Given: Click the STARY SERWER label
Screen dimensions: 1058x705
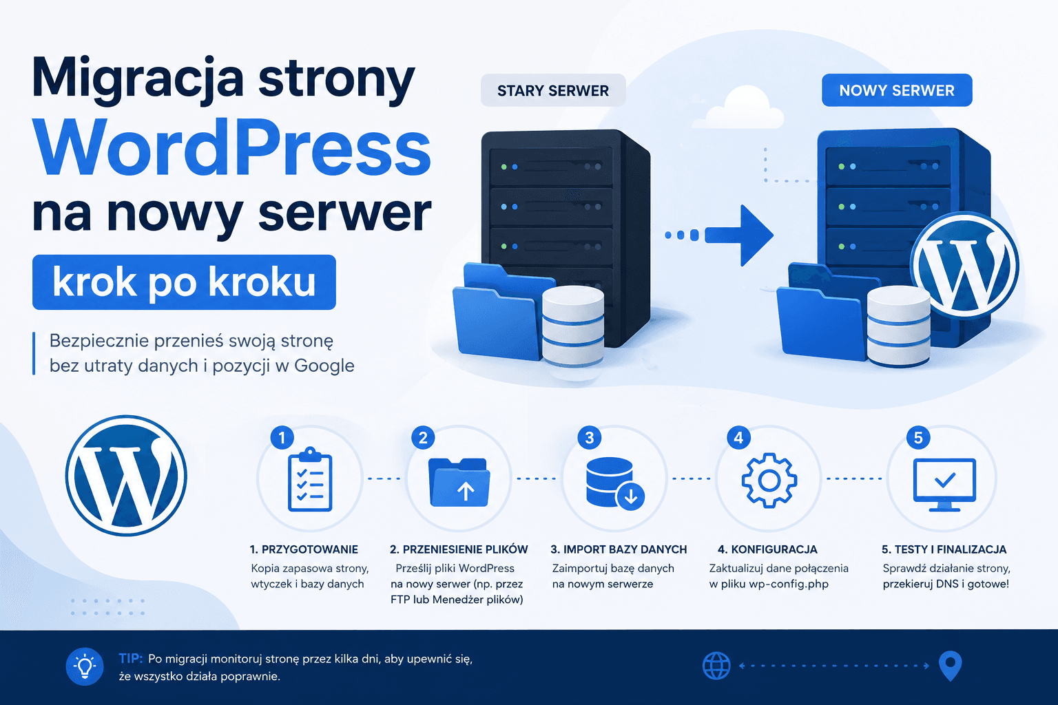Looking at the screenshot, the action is pos(553,90).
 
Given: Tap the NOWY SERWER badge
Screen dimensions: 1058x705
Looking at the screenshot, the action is pos(897,90).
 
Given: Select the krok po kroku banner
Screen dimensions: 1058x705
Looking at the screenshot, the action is pos(184,282).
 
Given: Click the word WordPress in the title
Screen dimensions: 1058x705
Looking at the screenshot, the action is pos(232,147).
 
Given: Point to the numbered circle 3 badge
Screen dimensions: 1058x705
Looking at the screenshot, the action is pos(589,438).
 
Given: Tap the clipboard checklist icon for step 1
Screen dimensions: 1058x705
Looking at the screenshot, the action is pos(310,478).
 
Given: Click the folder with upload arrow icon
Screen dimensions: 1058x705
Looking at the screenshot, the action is pos(459,482).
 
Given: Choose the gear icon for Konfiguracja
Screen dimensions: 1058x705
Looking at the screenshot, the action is pos(769,481).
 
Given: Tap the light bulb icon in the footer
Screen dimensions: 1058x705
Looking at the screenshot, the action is pos(85,666).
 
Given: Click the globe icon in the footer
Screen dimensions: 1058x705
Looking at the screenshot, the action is pos(716,666).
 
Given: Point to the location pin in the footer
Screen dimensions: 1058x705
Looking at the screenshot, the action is pos(951,666).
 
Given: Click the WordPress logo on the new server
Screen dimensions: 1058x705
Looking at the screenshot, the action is pos(965,265).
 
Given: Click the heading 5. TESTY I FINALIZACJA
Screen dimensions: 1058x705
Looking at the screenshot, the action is pos(944,549).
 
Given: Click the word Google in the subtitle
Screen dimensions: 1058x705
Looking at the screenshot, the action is pos(324,366).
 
